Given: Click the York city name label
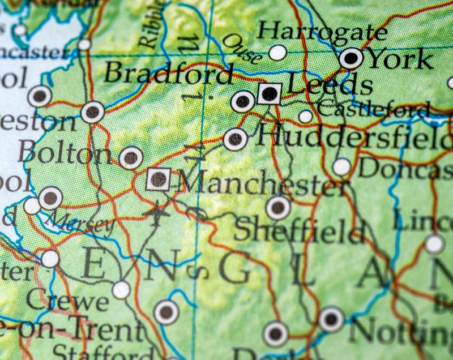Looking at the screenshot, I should [400, 58].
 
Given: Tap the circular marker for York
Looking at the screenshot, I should [352, 58].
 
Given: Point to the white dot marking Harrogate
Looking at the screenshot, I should [277, 53].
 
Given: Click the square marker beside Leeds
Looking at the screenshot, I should [270, 93].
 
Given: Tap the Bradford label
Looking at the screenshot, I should [169, 74].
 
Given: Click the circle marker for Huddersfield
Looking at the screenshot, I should [236, 139].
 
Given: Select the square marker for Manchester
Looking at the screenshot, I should [159, 179].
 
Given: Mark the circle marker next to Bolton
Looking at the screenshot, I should [131, 158].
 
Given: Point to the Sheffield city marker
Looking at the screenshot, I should [278, 208].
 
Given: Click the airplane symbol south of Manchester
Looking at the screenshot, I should [157, 213].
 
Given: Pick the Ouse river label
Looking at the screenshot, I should [242, 49].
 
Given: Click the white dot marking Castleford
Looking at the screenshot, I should [306, 117].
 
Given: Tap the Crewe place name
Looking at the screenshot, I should [67, 301].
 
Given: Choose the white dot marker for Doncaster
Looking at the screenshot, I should [341, 167].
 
